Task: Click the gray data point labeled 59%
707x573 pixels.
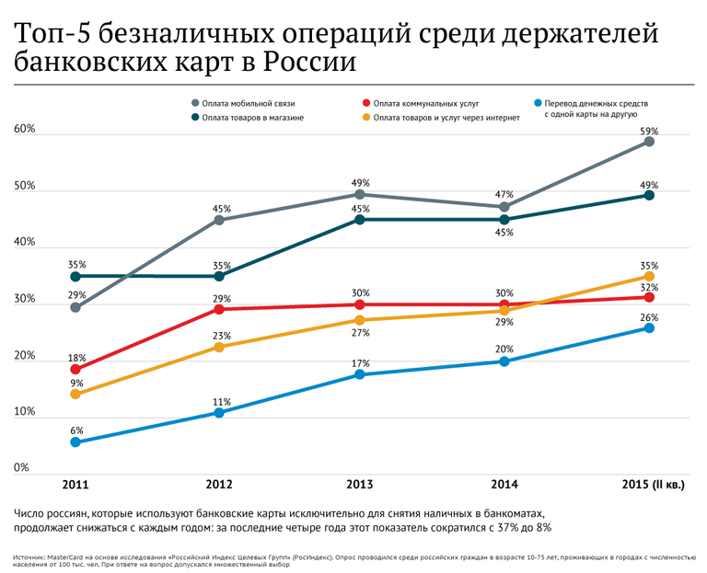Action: (x=649, y=141)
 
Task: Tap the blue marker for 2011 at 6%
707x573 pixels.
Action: (x=75, y=442)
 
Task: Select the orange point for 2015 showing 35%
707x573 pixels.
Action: (x=649, y=276)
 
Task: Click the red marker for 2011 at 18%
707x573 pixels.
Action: (x=75, y=370)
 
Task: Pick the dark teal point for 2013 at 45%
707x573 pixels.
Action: (x=360, y=220)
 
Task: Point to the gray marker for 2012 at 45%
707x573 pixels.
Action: (x=218, y=220)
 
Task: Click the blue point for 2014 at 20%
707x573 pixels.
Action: (x=504, y=361)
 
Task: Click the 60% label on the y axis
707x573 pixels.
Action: (x=25, y=130)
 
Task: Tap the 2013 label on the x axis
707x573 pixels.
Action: (x=359, y=485)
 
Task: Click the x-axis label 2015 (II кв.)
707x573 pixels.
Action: (x=649, y=485)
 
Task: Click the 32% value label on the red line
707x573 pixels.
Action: (x=649, y=288)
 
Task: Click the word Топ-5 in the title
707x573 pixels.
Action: (x=49, y=35)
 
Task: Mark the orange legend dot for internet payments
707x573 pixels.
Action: (x=365, y=118)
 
